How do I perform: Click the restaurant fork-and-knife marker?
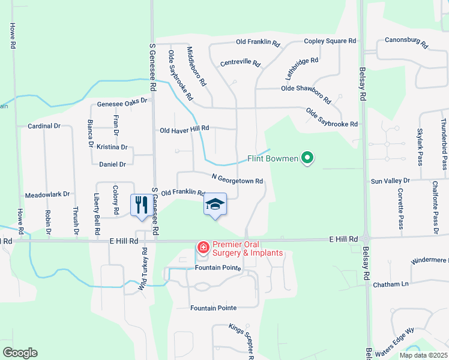click(142, 205)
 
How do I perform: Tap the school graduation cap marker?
click(215, 204)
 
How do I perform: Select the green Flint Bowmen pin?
click(308, 158)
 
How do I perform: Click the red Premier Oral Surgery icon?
click(203, 247)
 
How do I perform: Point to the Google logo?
click(20, 353)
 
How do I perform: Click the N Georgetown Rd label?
click(238, 179)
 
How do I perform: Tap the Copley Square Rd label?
click(330, 41)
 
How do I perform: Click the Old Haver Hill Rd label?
click(184, 128)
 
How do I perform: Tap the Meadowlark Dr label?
click(47, 195)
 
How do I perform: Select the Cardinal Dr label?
click(44, 126)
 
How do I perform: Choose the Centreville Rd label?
click(240, 63)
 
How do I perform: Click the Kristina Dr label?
click(112, 147)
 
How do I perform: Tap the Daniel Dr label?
click(112, 164)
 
